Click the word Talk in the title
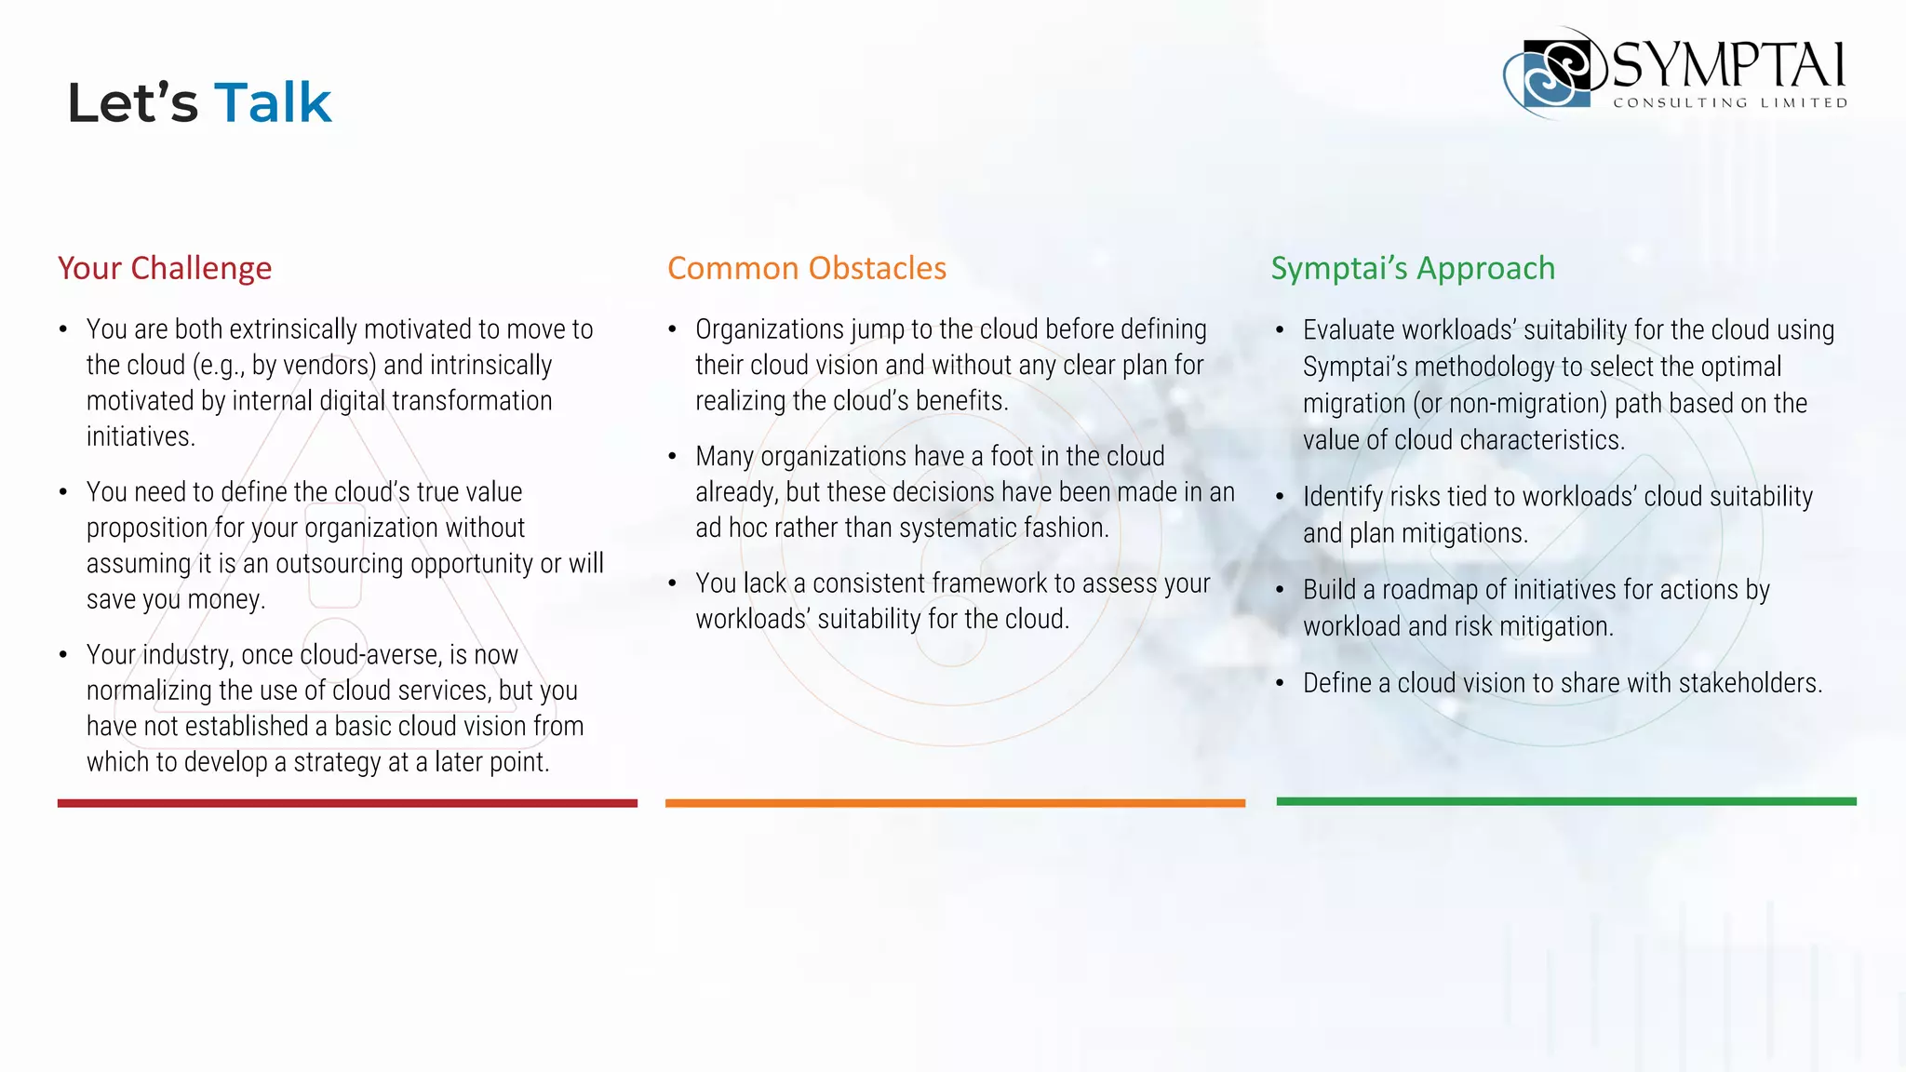click(273, 102)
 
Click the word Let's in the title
click(132, 102)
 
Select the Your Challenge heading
click(165, 268)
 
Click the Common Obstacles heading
click(807, 268)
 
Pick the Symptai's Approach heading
click(1413, 268)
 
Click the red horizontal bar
click(347, 803)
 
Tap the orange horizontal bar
click(955, 803)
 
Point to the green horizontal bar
click(1566, 801)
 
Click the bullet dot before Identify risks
click(1281, 497)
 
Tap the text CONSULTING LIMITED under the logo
click(1730, 103)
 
